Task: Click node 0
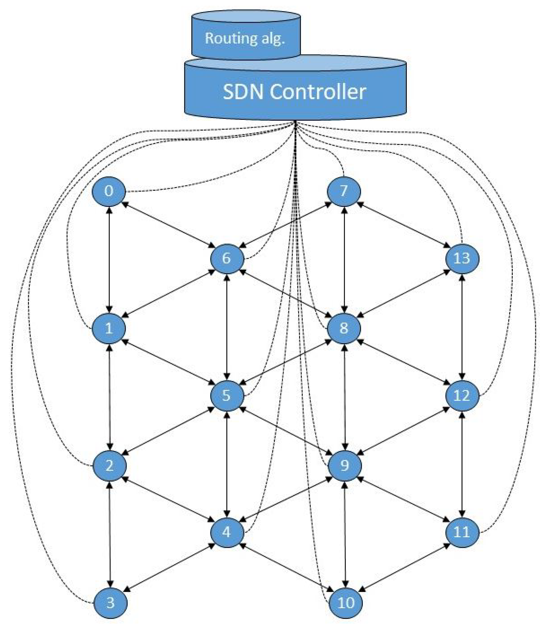pos(109,191)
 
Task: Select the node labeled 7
pos(344,191)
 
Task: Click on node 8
pos(344,328)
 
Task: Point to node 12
pos(462,395)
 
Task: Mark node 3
pos(110,603)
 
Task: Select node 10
pos(346,603)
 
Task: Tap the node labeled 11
pos(462,532)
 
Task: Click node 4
pos(227,532)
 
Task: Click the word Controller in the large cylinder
pos(317,92)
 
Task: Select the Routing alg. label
pos(245,38)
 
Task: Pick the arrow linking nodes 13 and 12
pos(462,327)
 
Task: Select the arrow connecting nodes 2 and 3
pos(110,534)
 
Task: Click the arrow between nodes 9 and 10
pos(345,534)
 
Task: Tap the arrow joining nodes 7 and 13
pos(403,225)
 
